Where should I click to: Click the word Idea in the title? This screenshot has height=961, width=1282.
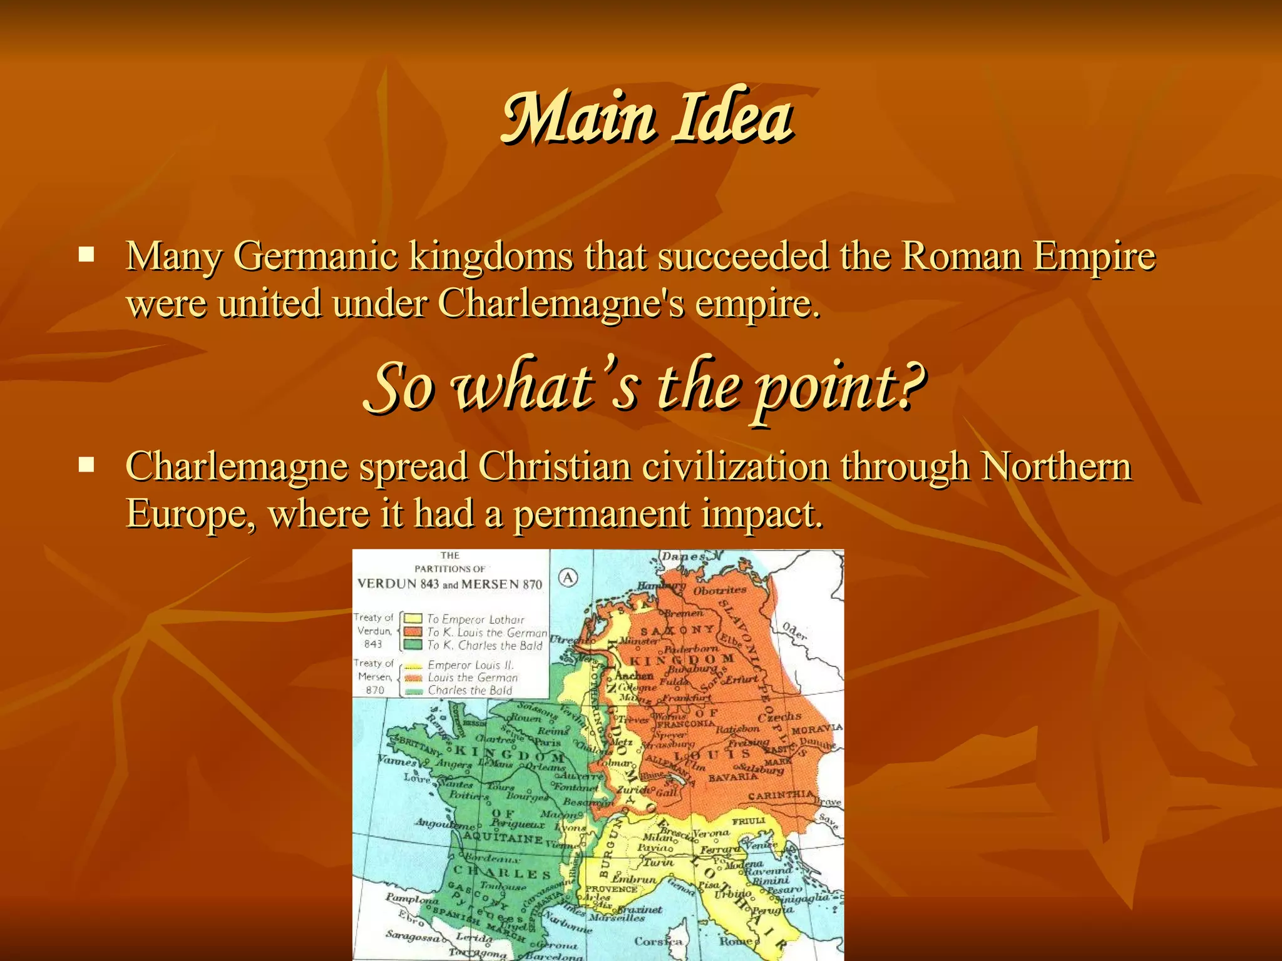point(732,118)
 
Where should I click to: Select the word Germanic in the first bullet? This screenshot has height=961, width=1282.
point(315,257)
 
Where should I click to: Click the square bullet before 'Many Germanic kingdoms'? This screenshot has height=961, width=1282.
point(86,255)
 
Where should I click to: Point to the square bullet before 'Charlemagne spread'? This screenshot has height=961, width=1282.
point(86,465)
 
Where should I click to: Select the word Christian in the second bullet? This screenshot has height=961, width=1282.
point(555,467)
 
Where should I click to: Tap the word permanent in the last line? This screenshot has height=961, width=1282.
point(601,514)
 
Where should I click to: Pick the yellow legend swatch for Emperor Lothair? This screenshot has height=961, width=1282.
point(414,619)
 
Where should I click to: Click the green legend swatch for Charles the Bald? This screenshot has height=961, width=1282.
point(414,644)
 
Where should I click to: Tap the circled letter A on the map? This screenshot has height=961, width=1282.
point(568,577)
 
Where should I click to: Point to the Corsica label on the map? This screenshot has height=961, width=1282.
point(657,940)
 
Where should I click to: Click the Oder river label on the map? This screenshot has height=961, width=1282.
point(794,631)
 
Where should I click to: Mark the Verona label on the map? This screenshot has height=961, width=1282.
point(710,833)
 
